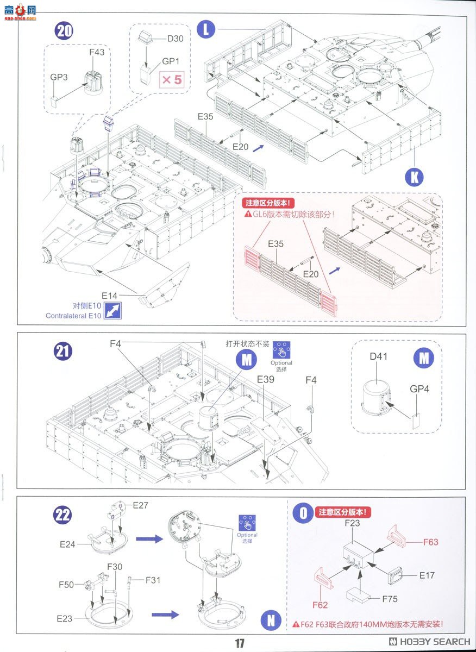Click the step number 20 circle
[x=64, y=30]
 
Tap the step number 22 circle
[x=63, y=514]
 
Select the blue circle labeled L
[x=205, y=29]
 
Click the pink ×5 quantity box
[x=172, y=80]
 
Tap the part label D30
[x=176, y=39]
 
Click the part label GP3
[x=59, y=77]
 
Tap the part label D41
[x=378, y=357]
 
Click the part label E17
[x=427, y=575]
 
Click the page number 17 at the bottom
[x=240, y=643]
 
